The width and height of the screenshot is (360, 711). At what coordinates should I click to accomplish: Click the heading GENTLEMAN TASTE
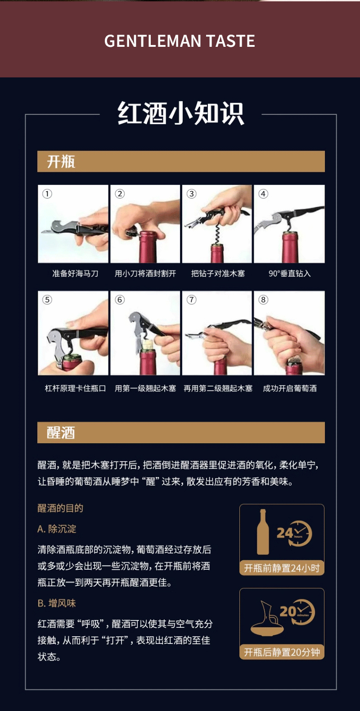coord(180,41)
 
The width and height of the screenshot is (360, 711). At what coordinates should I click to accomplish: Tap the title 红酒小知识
coord(180,113)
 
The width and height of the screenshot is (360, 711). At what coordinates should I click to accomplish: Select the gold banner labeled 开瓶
coord(181,161)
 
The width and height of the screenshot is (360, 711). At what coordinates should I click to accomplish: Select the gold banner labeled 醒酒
coord(181,432)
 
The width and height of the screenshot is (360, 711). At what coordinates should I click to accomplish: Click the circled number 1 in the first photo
coord(47,193)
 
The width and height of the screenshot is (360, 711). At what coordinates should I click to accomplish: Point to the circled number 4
coord(263,193)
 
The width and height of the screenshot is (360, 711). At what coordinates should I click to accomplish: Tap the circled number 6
coord(120,300)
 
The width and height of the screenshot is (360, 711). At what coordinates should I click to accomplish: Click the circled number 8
coord(263,300)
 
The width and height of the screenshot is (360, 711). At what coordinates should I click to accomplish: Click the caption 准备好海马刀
coord(75,273)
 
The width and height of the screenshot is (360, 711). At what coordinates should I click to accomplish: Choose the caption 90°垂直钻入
coord(289,273)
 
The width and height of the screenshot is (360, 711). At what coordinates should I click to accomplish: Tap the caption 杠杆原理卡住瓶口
coord(75,388)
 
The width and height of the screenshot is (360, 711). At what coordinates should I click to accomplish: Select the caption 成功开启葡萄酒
coord(289,388)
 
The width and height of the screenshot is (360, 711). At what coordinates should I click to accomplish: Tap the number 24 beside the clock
coord(285,533)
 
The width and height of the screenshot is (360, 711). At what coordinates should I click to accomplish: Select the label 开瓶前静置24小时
coord(282,568)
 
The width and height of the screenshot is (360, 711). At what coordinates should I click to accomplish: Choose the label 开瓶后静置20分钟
coord(282,652)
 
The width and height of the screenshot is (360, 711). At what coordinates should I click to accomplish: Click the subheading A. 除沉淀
coord(57,529)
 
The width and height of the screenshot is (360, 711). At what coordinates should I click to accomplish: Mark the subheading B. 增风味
coord(57,603)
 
